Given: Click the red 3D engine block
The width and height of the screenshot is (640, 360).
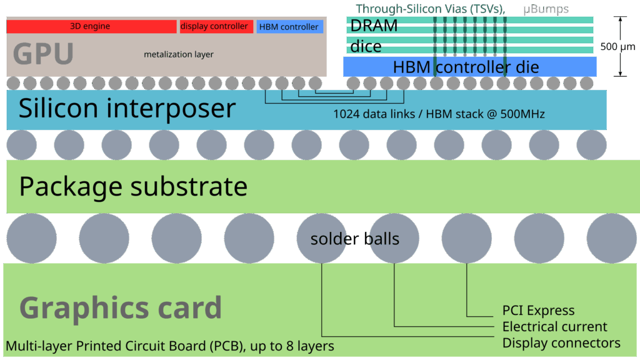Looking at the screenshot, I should point(91,26).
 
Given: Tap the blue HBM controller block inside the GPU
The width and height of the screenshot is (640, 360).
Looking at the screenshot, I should point(289,27).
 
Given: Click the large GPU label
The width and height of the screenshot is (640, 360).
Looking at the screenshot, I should point(43,54).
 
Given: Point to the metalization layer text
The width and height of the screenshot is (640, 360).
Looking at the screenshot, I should point(178,54).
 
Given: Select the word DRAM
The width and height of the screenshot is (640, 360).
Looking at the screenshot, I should point(374,26).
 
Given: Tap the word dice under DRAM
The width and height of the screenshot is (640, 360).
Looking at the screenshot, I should point(366,47).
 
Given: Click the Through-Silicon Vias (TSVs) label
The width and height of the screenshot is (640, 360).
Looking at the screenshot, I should point(431,9).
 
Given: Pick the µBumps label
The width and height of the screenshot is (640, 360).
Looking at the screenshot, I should point(546,9).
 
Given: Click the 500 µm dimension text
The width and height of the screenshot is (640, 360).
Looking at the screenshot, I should point(617,47).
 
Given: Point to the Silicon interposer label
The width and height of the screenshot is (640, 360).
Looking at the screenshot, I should point(127,108).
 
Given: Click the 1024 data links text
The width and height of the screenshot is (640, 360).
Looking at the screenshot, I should point(439,114).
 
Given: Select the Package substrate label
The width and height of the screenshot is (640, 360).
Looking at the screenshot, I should point(133,186).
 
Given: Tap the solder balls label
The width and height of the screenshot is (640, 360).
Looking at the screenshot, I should point(354,239).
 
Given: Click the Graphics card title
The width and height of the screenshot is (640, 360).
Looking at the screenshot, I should point(121,307).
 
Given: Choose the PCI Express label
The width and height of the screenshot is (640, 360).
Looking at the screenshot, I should point(538,310).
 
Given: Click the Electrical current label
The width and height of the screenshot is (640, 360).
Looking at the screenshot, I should point(554,326).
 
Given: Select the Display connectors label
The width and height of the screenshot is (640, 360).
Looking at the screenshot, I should point(561,342).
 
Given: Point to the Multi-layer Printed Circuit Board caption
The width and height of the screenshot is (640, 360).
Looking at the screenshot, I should point(170,346).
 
